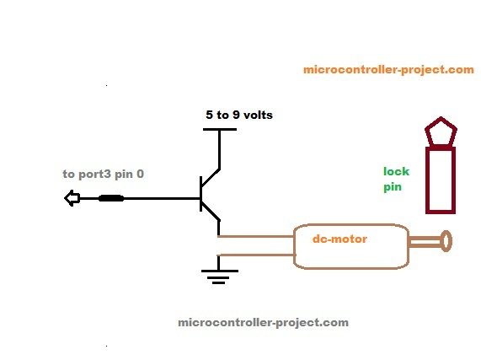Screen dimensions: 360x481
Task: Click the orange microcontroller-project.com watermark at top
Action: coord(388,70)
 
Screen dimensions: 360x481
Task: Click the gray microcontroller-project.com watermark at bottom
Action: coord(263,322)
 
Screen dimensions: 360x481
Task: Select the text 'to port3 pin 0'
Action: coord(103,174)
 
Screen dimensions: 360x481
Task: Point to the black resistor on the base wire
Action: coord(111,199)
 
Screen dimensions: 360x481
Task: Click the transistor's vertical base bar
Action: coord(201,194)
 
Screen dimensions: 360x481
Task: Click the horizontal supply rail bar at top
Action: coord(220,129)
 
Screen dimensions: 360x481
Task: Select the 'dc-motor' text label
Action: coord(339,239)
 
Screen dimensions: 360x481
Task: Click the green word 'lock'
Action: coord(396,171)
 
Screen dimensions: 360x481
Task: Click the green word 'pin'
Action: coord(393,188)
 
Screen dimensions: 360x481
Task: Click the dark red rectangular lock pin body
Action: coord(441,179)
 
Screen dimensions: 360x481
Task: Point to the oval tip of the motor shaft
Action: coord(446,243)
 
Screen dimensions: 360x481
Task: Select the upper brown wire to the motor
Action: coord(256,236)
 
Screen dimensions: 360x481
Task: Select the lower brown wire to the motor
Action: coord(256,254)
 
